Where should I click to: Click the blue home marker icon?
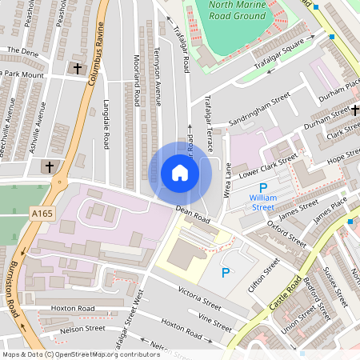pyautogui.click(x=180, y=173)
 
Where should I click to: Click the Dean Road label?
pyautogui.click(x=193, y=214)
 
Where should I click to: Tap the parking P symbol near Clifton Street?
pyautogui.click(x=226, y=273)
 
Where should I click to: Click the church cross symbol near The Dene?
pyautogui.click(x=78, y=70)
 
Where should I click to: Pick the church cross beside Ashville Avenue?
pyautogui.click(x=49, y=167)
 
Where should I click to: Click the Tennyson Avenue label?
pyautogui.click(x=158, y=80)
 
